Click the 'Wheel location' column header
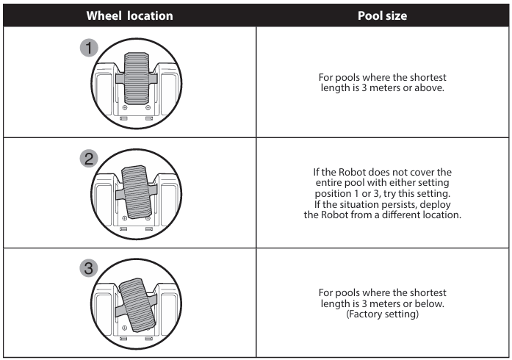pos(129,15)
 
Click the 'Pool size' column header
pos(383,15)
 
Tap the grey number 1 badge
pos(89,48)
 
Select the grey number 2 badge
pos(89,159)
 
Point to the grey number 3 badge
pos(89,268)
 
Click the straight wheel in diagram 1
pos(137,79)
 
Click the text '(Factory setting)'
pos(383,314)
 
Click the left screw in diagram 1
pos(125,107)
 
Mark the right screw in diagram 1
pos(148,107)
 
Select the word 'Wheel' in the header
pos(104,15)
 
